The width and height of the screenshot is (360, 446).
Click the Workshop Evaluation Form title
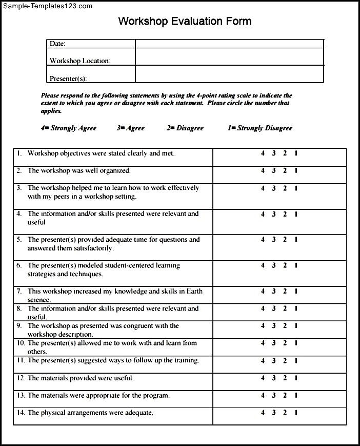(x=185, y=22)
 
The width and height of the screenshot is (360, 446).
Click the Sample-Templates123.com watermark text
(x=47, y=6)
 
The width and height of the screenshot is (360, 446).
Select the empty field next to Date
(x=229, y=44)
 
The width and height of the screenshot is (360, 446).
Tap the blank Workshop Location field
(x=229, y=57)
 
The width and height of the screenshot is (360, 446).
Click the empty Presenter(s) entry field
(x=229, y=74)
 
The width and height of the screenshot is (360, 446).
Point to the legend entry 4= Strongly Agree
(x=69, y=128)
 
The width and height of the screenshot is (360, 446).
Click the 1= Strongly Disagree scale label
(x=260, y=128)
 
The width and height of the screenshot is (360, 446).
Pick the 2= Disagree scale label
(x=185, y=128)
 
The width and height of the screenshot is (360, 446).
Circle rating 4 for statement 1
(x=262, y=153)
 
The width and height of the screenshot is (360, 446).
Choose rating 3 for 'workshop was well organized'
(x=274, y=171)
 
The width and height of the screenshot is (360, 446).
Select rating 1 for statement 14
(x=296, y=413)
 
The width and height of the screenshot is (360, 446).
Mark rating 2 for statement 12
(x=285, y=378)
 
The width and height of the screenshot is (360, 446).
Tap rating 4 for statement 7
(x=262, y=292)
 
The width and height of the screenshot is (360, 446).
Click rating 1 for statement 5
(x=296, y=240)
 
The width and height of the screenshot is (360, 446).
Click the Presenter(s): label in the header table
(x=68, y=79)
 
